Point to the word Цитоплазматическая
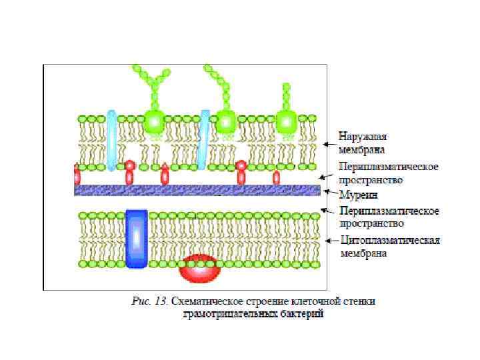(x=390, y=241)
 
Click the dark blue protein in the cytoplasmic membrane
(x=136, y=238)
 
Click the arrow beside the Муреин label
(x=327, y=194)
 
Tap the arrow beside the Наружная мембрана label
(x=326, y=143)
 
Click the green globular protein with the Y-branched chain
(x=155, y=123)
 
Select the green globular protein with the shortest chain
(x=287, y=122)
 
